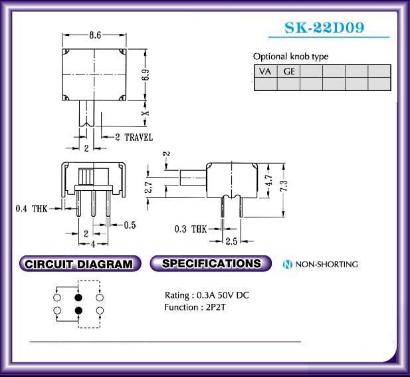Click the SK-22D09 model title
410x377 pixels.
pos(324,27)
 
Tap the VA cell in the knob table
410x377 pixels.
pos(265,71)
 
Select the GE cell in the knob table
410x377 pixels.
pos(289,71)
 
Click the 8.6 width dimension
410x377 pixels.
pos(95,35)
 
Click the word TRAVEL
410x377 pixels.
pos(139,138)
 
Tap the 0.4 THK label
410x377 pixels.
pos(31,209)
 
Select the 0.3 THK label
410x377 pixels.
pos(191,229)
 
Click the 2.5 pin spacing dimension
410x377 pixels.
pos(231,241)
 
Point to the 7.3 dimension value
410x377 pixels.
pos(284,186)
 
